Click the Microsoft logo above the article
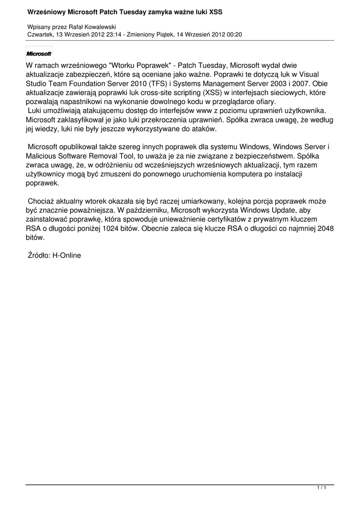coord(39,54)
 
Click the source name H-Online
coord(67,255)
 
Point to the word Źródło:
coord(39,255)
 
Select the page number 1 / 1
coord(322,489)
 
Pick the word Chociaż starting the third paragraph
coord(43,201)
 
